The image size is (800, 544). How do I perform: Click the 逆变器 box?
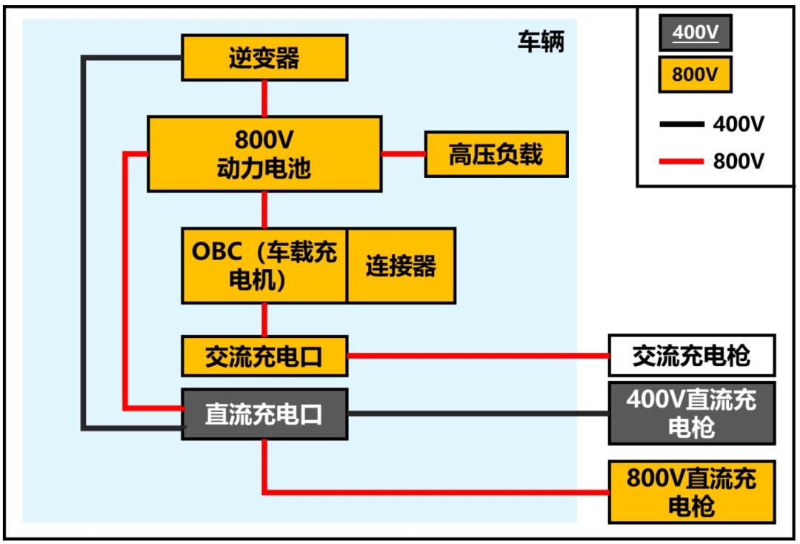click(x=264, y=59)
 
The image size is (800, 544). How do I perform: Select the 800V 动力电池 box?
click(x=264, y=154)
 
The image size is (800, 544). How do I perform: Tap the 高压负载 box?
click(x=496, y=154)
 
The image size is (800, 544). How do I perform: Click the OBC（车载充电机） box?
click(x=264, y=265)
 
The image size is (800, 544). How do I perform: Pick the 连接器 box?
click(x=401, y=265)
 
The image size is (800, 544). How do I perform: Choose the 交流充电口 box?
click(x=264, y=356)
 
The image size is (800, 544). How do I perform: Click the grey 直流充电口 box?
click(x=264, y=414)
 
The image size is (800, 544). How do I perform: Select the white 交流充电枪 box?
click(x=691, y=356)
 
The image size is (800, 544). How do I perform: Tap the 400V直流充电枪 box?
click(x=691, y=413)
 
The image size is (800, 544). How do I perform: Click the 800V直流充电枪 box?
click(x=691, y=491)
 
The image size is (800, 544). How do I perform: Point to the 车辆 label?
click(x=540, y=42)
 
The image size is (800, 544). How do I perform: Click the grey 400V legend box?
click(x=694, y=33)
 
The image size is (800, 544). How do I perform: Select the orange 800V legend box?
click(x=694, y=74)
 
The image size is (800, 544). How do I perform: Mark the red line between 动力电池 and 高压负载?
click(x=403, y=154)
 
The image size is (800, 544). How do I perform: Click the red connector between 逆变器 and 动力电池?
click(x=264, y=97)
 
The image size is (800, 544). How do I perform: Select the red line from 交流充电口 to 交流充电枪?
click(x=478, y=356)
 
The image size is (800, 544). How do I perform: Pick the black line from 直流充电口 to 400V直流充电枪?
click(x=478, y=413)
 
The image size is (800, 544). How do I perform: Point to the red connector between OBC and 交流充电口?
click(x=264, y=319)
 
